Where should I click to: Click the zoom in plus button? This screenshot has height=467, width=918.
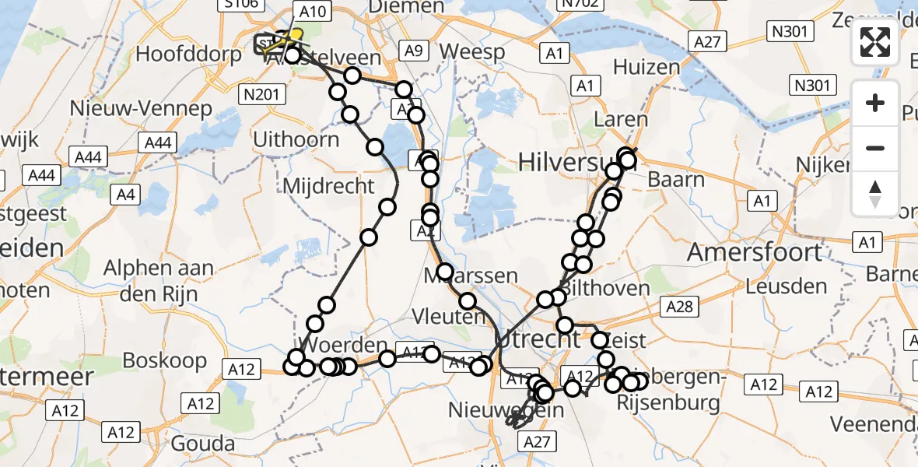[875, 103]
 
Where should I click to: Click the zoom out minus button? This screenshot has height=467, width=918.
[875, 148]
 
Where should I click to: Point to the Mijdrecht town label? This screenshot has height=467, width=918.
[329, 186]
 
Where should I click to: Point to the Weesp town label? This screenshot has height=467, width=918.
[471, 52]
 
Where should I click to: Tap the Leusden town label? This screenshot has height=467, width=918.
[786, 286]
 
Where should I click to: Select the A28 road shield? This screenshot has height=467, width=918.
[679, 307]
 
